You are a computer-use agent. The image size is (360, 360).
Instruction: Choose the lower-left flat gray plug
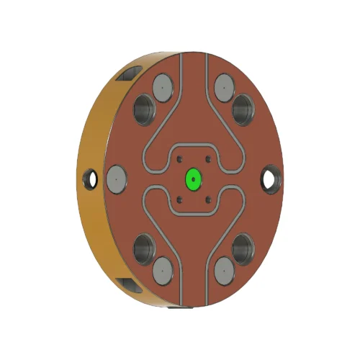point(162,271)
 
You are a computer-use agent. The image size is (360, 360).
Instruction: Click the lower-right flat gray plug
point(224,271)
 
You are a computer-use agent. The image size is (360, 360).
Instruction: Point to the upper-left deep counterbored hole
point(145,109)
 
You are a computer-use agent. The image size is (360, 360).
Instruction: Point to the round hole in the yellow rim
point(91,177)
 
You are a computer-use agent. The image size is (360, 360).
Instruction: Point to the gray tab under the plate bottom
point(177,311)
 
